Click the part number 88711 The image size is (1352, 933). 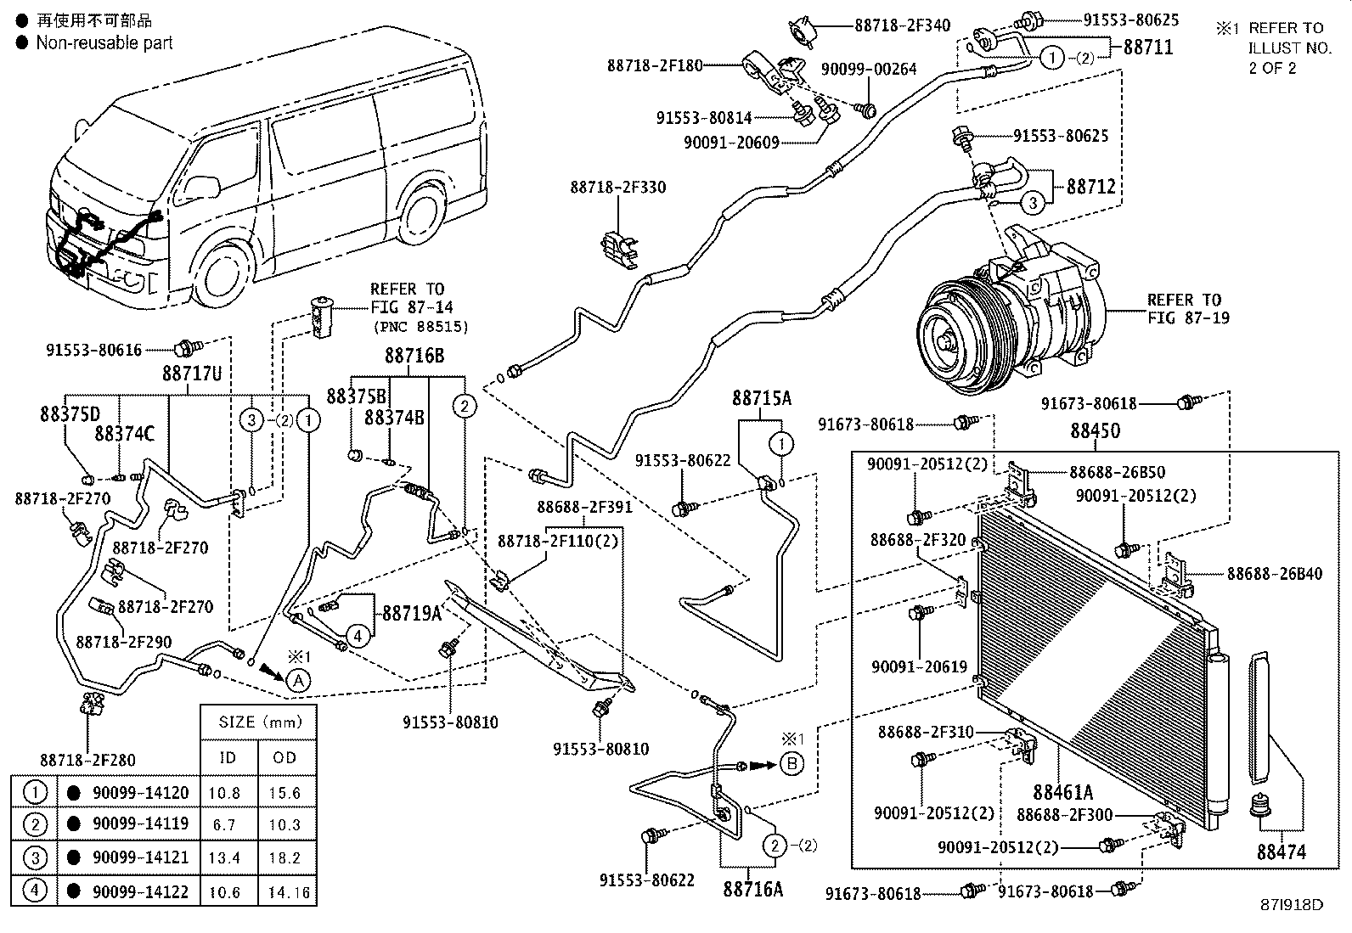point(1148,47)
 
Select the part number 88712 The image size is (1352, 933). point(1090,187)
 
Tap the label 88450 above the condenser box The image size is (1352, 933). point(1095,431)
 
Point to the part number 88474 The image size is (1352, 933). point(1281,852)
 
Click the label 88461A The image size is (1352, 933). point(1063,792)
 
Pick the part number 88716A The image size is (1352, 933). point(752,889)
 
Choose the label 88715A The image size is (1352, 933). point(761,398)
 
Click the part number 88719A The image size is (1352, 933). point(412,614)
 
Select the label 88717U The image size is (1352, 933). point(192,374)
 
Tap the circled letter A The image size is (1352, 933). point(297,681)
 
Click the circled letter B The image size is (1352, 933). point(791,764)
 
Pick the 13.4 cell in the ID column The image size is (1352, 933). point(224,857)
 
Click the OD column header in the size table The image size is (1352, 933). point(284,757)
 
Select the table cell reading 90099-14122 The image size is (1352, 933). point(141,891)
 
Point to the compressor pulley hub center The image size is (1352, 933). point(944,342)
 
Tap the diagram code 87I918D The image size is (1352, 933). point(1292,905)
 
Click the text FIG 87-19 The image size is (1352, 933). point(1188,318)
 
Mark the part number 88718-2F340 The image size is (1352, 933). point(903,25)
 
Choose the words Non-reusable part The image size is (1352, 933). point(104,42)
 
